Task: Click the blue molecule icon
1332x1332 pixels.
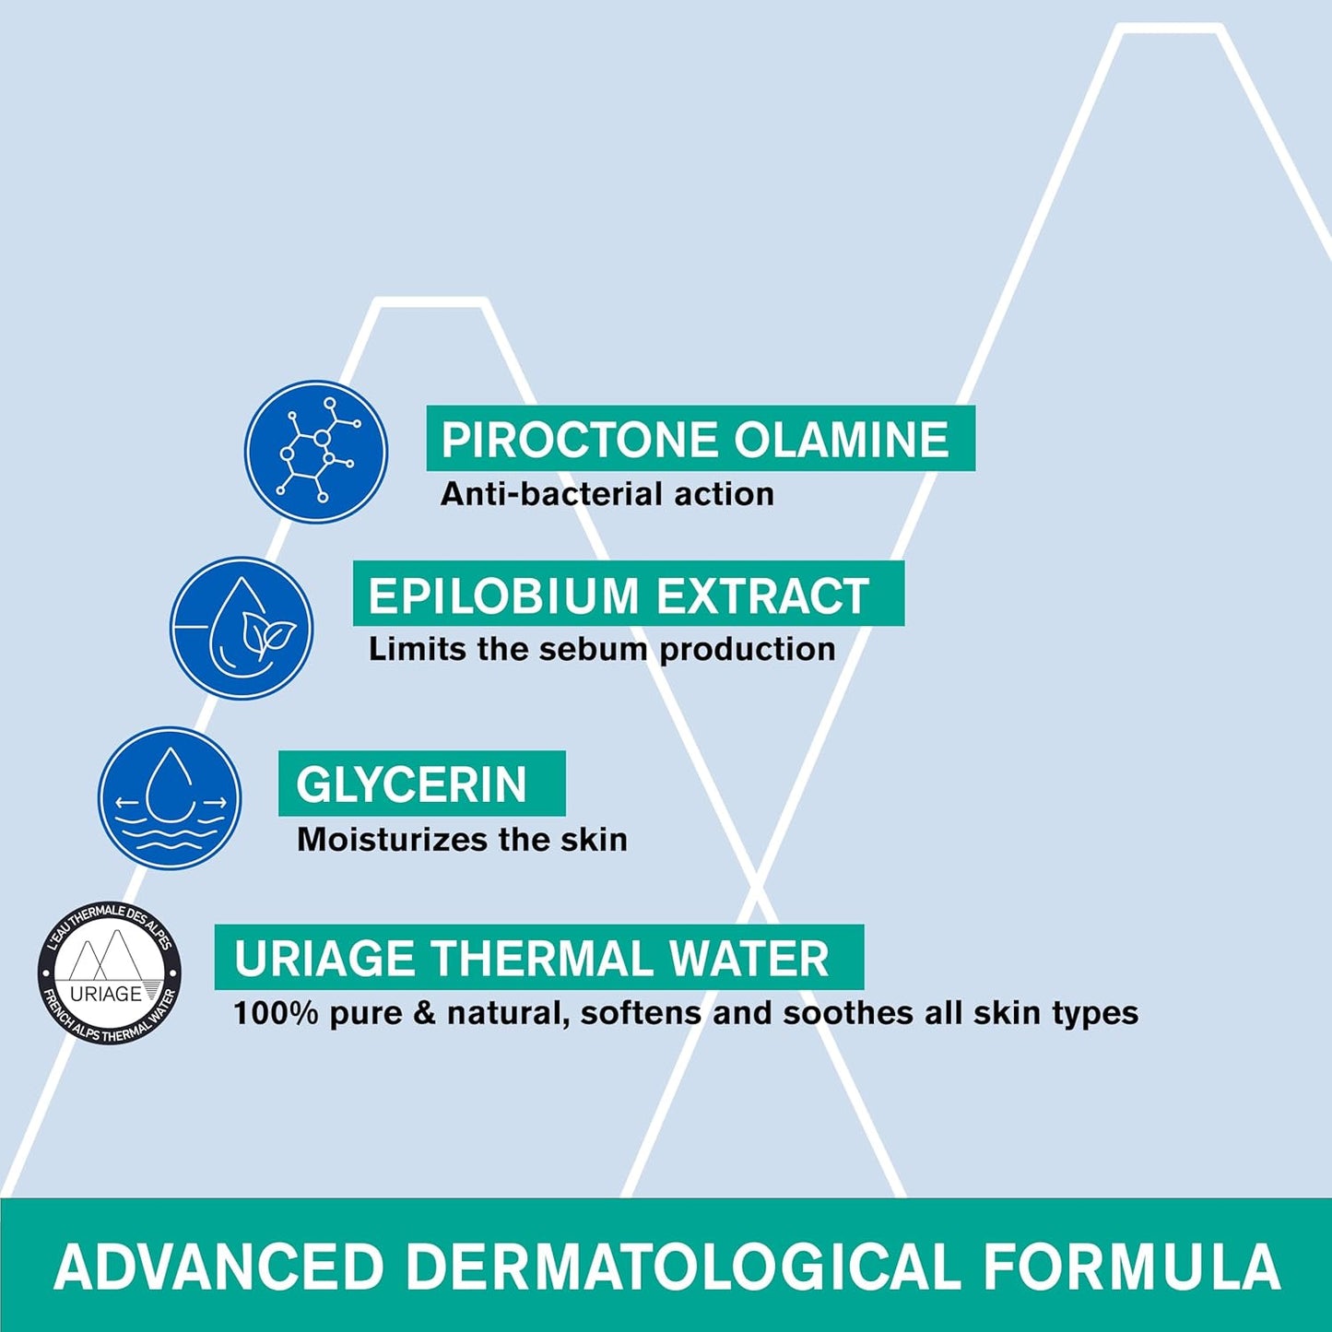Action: tap(316, 452)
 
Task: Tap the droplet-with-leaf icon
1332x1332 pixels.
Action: tap(242, 628)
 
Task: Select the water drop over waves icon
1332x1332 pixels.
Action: tap(170, 798)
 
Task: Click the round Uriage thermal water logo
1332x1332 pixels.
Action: tap(109, 974)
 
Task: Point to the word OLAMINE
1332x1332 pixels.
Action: tap(842, 439)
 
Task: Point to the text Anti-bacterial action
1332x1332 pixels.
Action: tap(607, 494)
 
